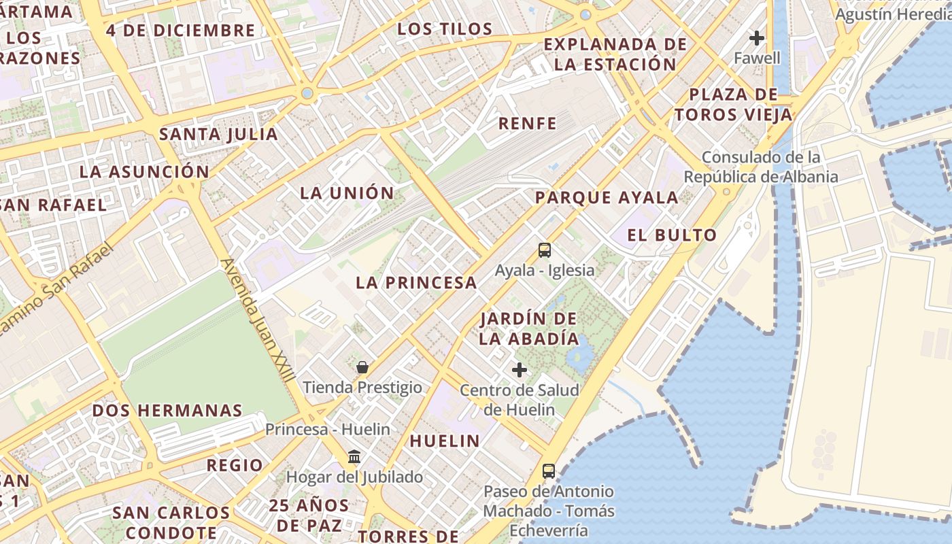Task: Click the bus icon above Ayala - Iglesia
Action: coord(545,250)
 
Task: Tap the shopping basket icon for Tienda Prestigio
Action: coord(362,367)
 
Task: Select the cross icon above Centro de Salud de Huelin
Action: coord(520,370)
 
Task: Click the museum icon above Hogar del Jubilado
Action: coord(354,456)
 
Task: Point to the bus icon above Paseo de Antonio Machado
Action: coord(549,471)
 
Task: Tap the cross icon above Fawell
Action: coord(757,38)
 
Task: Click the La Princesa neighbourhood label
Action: coord(416,283)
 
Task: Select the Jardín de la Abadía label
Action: coord(529,328)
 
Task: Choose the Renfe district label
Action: coord(528,124)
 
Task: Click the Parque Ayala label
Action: coord(607,198)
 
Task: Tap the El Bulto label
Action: coord(672,236)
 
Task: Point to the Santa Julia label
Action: coord(218,134)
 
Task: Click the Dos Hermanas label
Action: coord(167,411)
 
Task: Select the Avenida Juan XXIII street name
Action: coord(258,320)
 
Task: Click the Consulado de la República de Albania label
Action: coord(761,167)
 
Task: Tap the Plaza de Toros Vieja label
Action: coord(734,105)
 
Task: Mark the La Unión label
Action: coord(347,193)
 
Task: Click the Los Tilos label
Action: coord(445,29)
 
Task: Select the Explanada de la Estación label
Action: coord(615,54)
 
